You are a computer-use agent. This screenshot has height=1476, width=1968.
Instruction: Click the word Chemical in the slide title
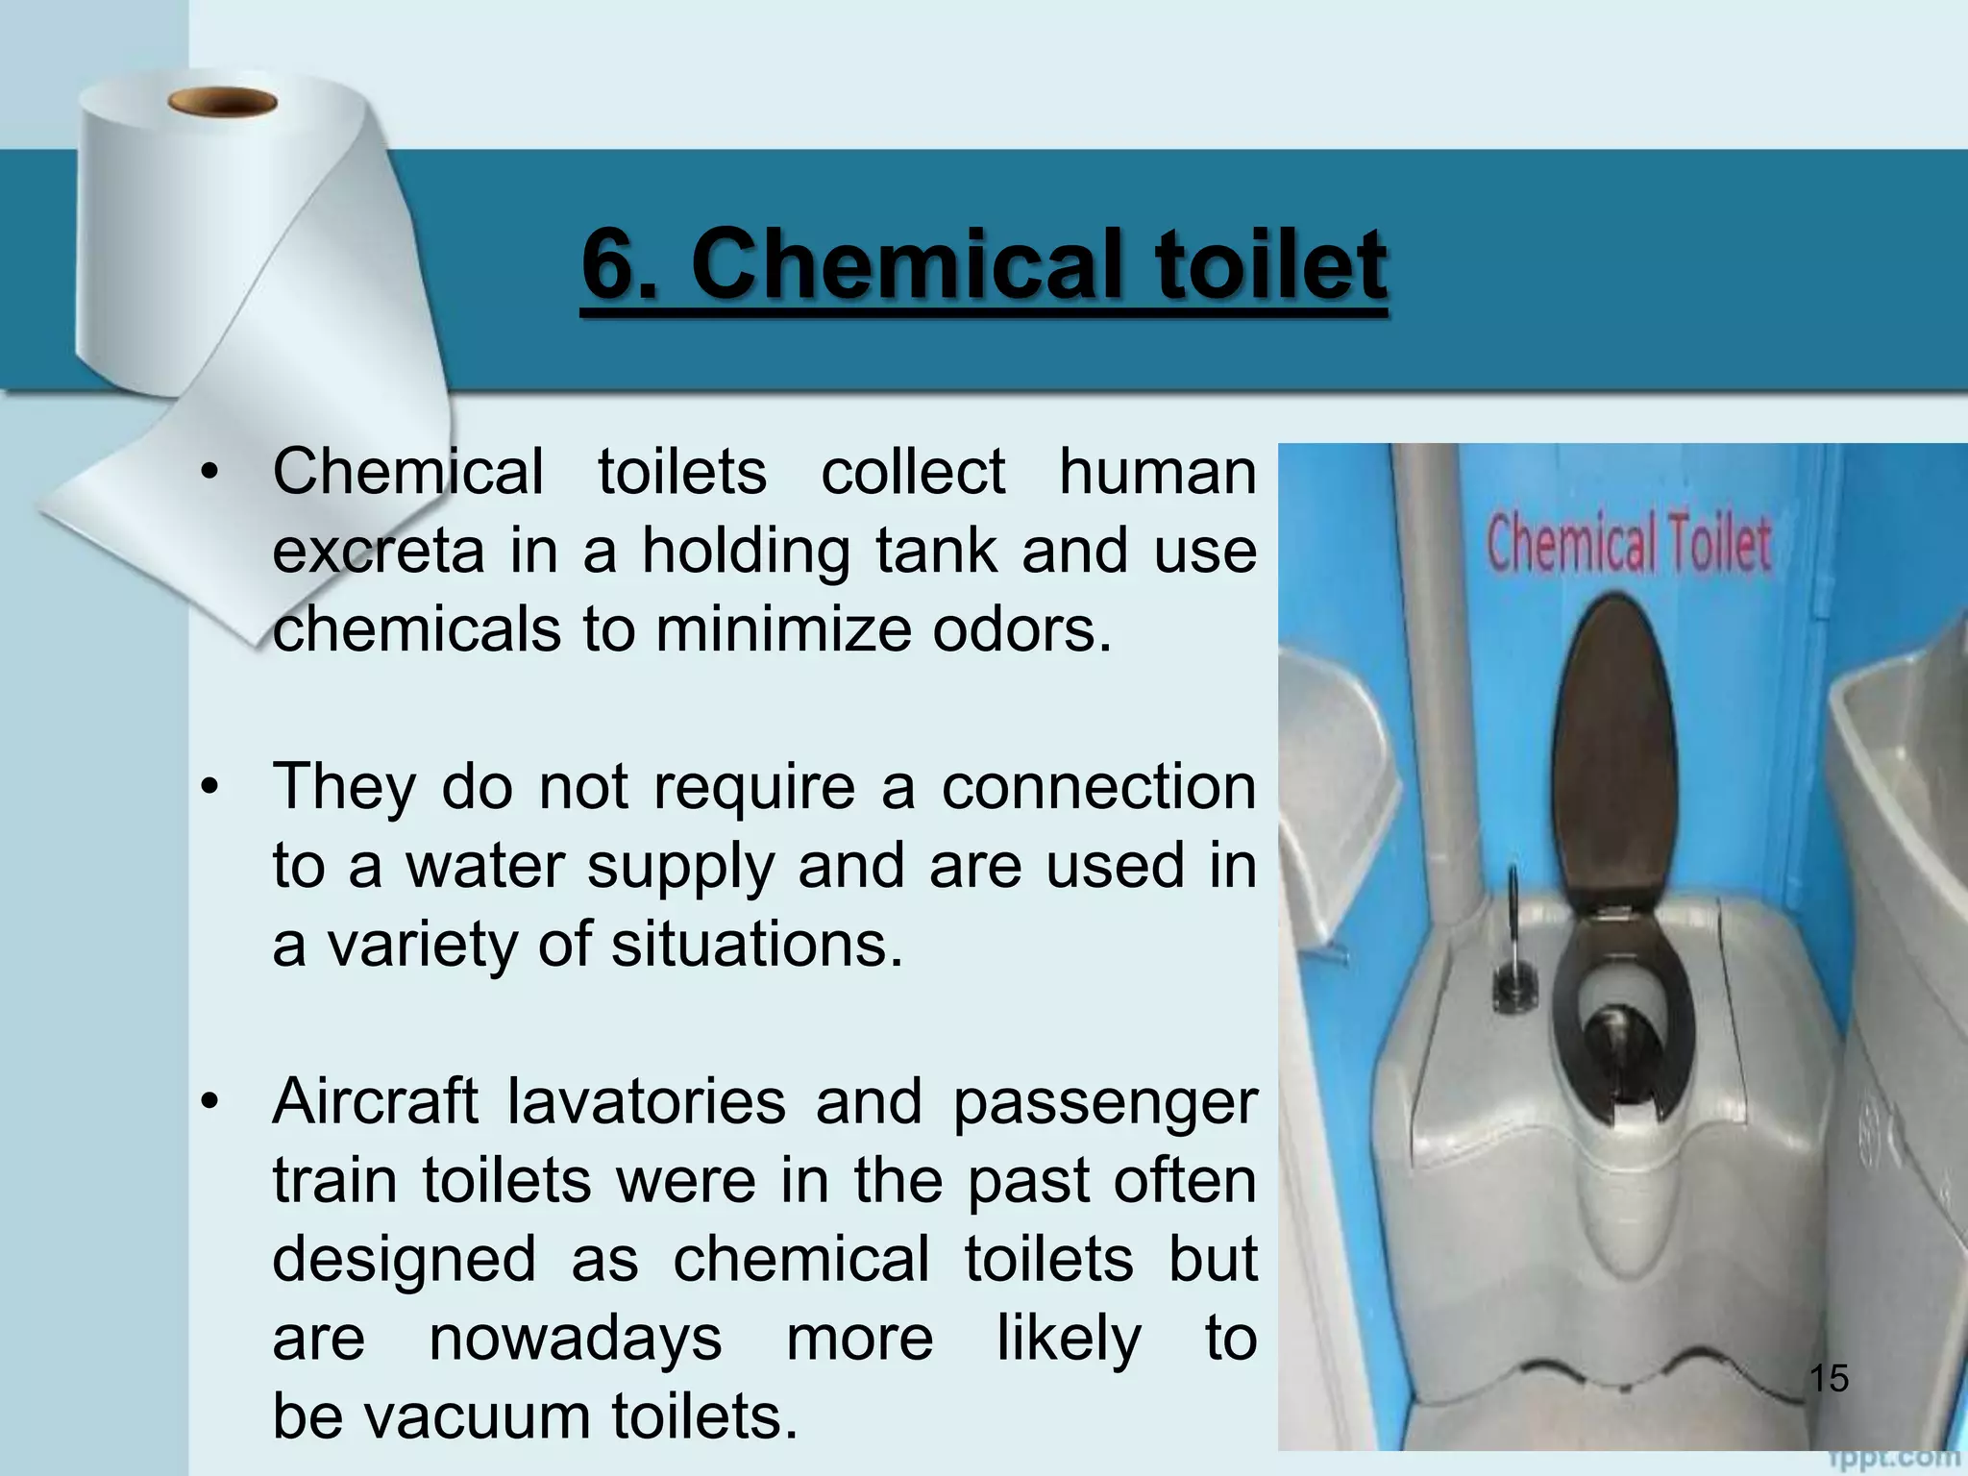(x=906, y=263)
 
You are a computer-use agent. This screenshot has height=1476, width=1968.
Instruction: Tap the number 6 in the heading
(x=612, y=263)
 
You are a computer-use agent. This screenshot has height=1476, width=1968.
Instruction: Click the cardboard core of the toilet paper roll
(x=222, y=101)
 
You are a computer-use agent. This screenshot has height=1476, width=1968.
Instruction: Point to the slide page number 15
(x=1829, y=1378)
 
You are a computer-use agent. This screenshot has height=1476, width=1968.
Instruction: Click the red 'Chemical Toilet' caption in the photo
(x=1628, y=544)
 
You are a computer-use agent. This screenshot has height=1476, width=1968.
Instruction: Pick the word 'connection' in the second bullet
(x=1097, y=787)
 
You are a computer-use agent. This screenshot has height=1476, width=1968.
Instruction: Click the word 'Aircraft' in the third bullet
(x=375, y=1101)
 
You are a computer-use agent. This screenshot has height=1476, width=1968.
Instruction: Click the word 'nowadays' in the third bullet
(x=575, y=1340)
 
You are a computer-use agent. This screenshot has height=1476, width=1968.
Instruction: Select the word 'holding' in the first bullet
(x=746, y=552)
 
